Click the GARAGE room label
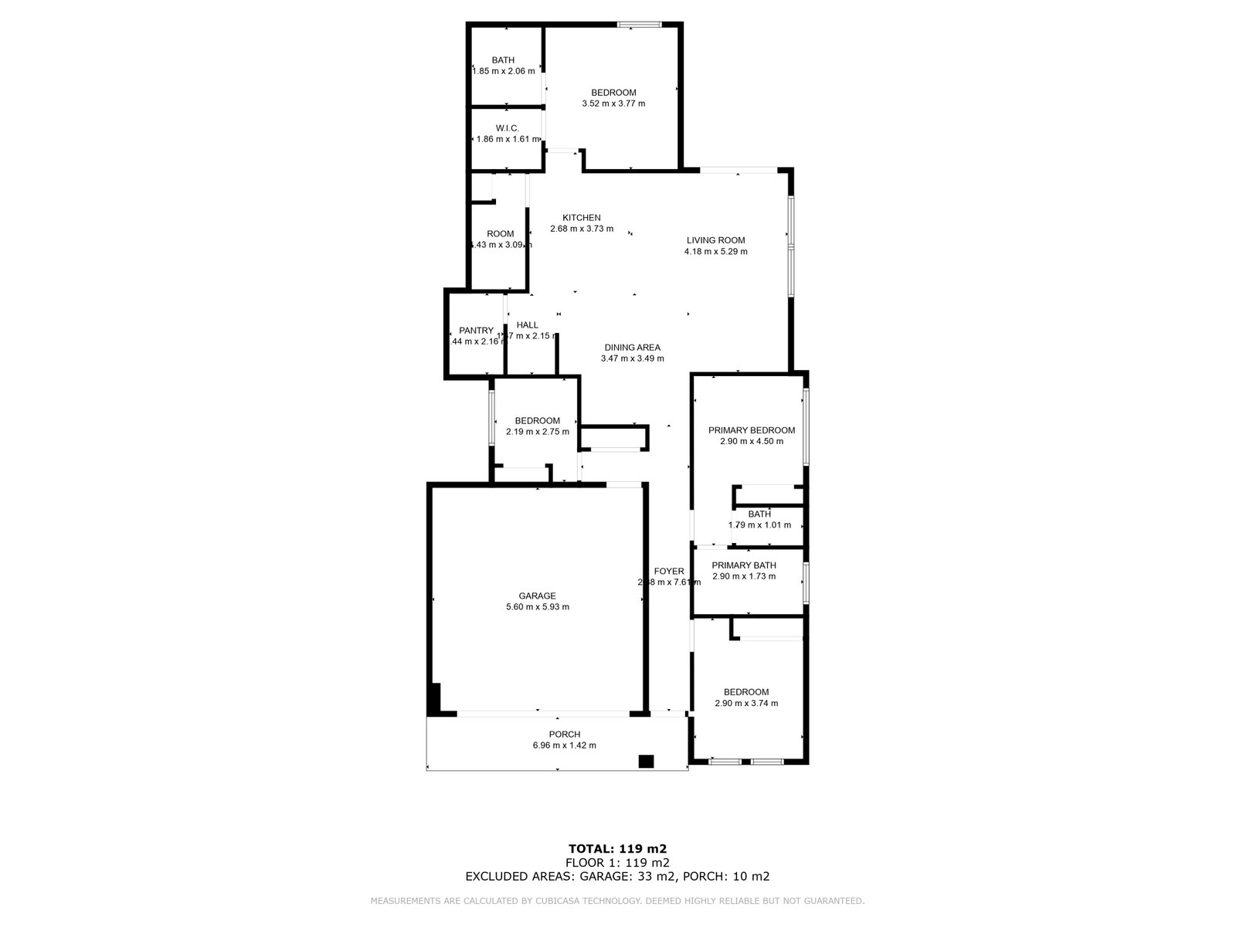click(537, 596)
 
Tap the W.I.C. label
click(507, 128)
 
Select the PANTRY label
click(476, 331)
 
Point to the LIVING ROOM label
click(716, 240)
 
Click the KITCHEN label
click(581, 218)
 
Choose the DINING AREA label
click(632, 348)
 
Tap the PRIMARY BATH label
click(744, 565)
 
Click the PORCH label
click(564, 735)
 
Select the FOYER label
click(669, 572)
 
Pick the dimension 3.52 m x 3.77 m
click(613, 104)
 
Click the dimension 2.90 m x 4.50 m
click(751, 442)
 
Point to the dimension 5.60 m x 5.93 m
click(537, 607)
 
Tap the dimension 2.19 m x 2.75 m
click(537, 432)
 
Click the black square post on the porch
click(646, 762)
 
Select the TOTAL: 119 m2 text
click(617, 848)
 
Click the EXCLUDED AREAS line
click(617, 876)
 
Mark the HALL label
click(528, 325)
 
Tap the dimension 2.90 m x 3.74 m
click(746, 704)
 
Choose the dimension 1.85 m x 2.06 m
click(504, 71)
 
